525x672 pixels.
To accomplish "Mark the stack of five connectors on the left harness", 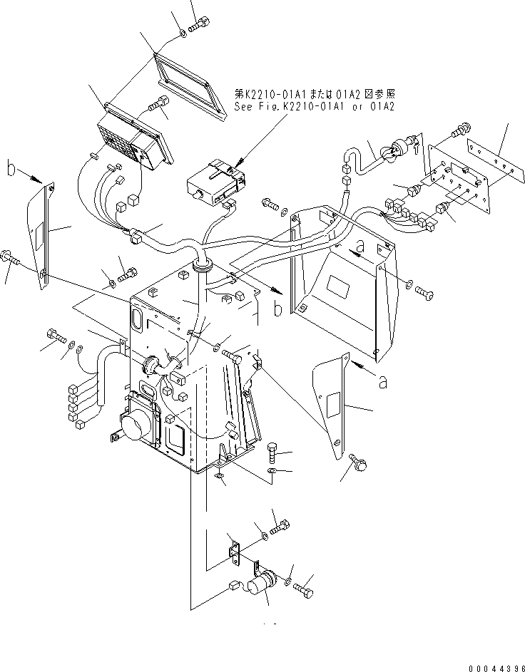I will pyautogui.click(x=74, y=407).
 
